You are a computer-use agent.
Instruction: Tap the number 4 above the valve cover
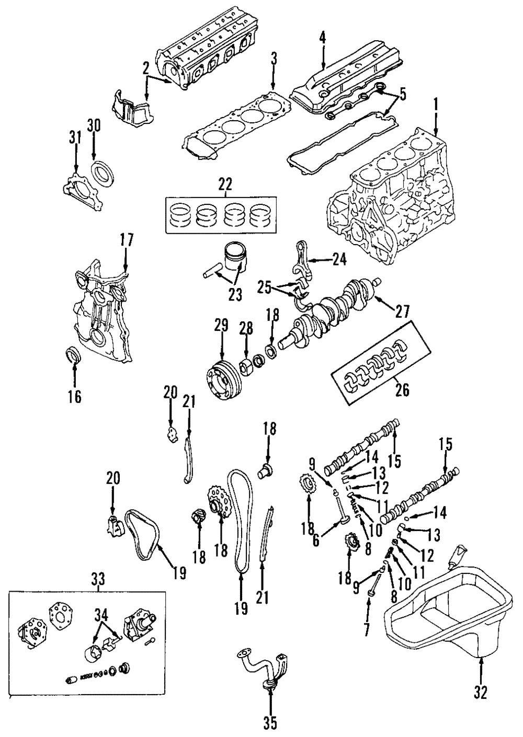pyautogui.click(x=323, y=38)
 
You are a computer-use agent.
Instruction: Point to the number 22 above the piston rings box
pyautogui.click(x=225, y=184)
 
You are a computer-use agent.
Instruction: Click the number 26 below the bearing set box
pyautogui.click(x=402, y=389)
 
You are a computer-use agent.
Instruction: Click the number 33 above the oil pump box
pyautogui.click(x=98, y=579)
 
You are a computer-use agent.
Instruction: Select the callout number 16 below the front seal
pyautogui.click(x=75, y=397)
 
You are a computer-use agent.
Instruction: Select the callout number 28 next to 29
pyautogui.click(x=246, y=329)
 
